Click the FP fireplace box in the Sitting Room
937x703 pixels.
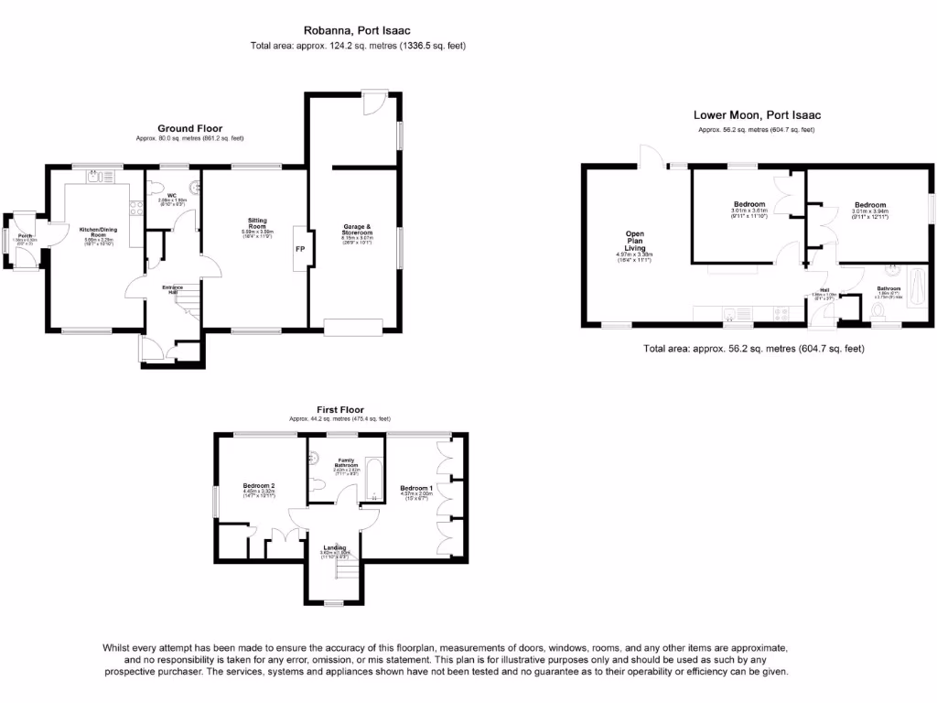[x=298, y=248]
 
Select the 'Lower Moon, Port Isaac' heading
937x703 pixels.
[x=757, y=115]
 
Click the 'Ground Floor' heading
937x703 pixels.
[x=189, y=128]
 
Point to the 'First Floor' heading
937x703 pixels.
[x=339, y=409]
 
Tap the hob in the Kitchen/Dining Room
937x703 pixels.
[x=136, y=209]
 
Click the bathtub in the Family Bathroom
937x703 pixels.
[x=374, y=479]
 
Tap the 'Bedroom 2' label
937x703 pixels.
[x=259, y=485]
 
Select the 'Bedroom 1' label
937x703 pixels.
[x=416, y=488]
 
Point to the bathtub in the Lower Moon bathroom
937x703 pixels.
[x=917, y=294]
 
